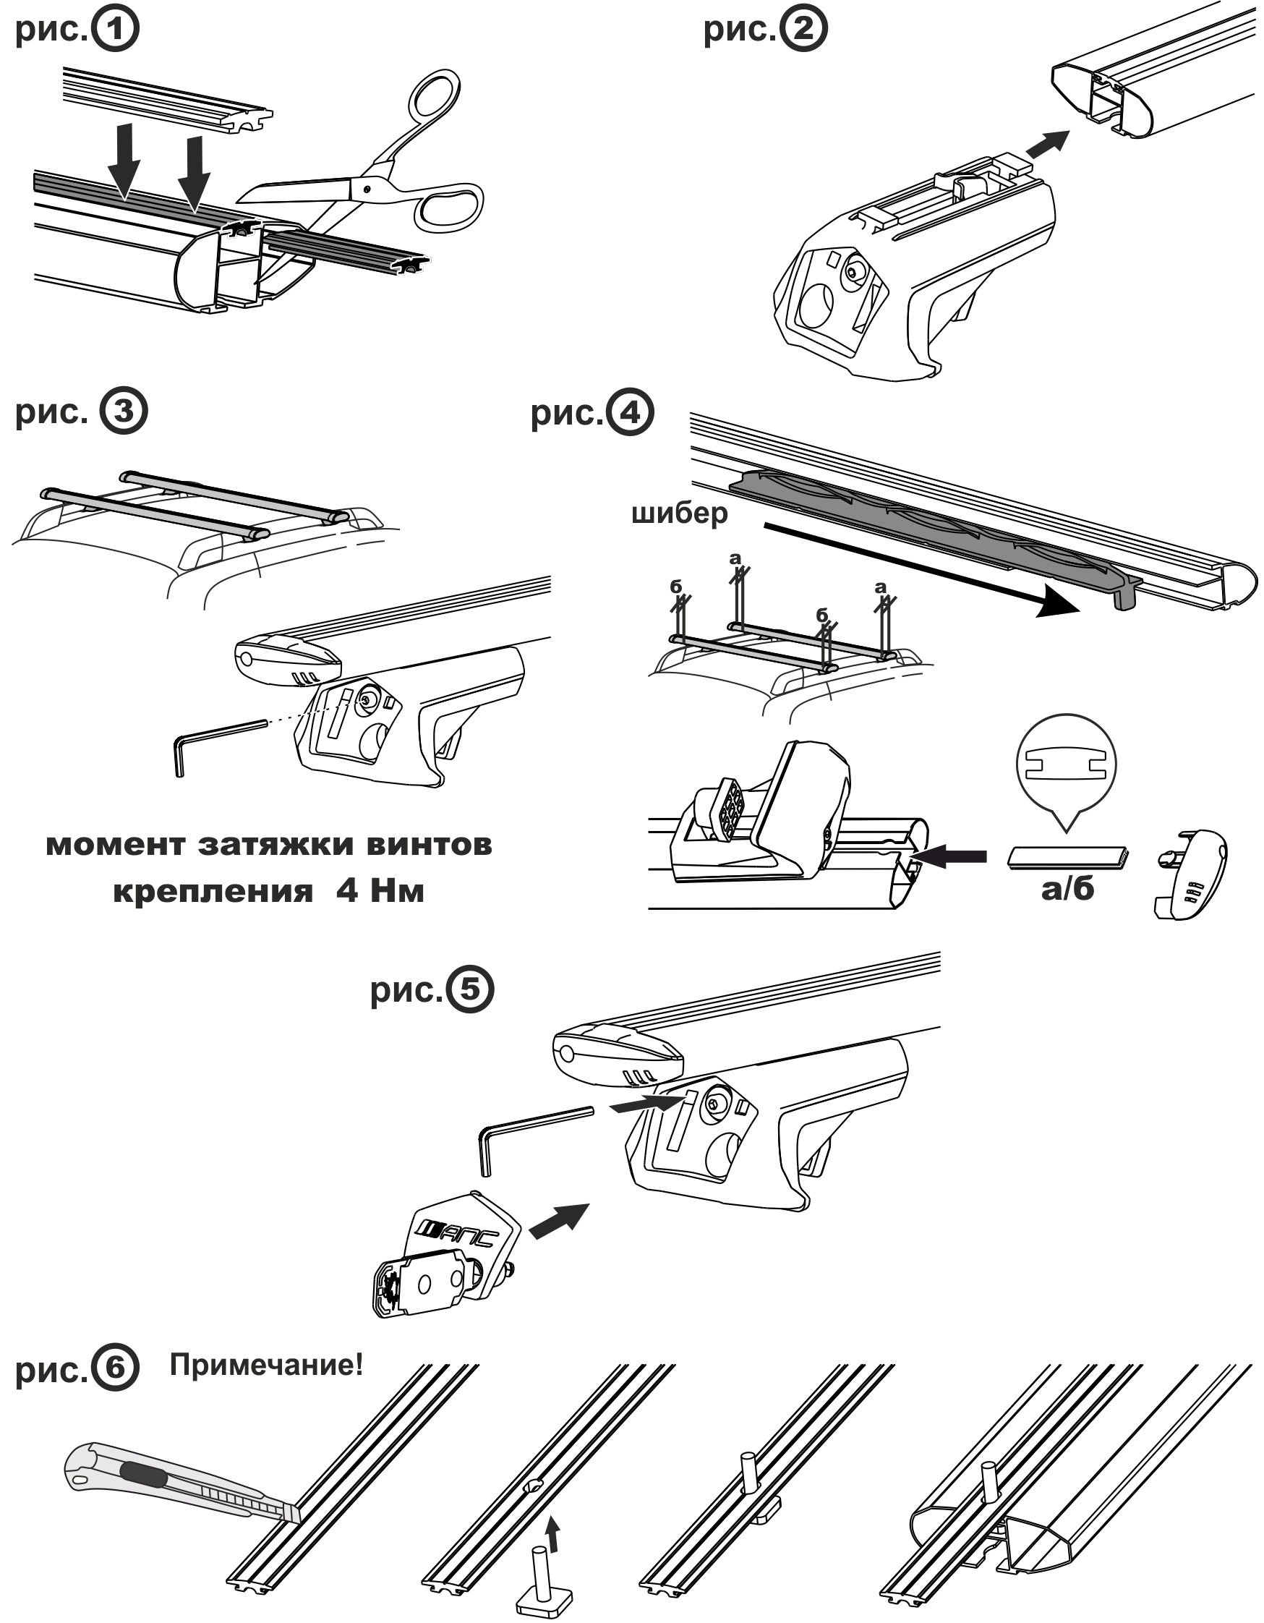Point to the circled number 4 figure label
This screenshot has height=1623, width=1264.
[630, 412]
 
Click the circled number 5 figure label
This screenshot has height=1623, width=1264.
[469, 989]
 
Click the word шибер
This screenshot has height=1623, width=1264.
[679, 513]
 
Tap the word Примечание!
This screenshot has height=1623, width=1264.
[266, 1365]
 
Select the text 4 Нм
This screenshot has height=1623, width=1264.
[380, 890]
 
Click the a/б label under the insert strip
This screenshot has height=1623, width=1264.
[1067, 888]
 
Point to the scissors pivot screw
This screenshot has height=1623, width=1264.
[366, 188]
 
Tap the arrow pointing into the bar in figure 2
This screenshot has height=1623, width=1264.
[1048, 143]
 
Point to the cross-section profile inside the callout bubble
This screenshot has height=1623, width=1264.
[1067, 763]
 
